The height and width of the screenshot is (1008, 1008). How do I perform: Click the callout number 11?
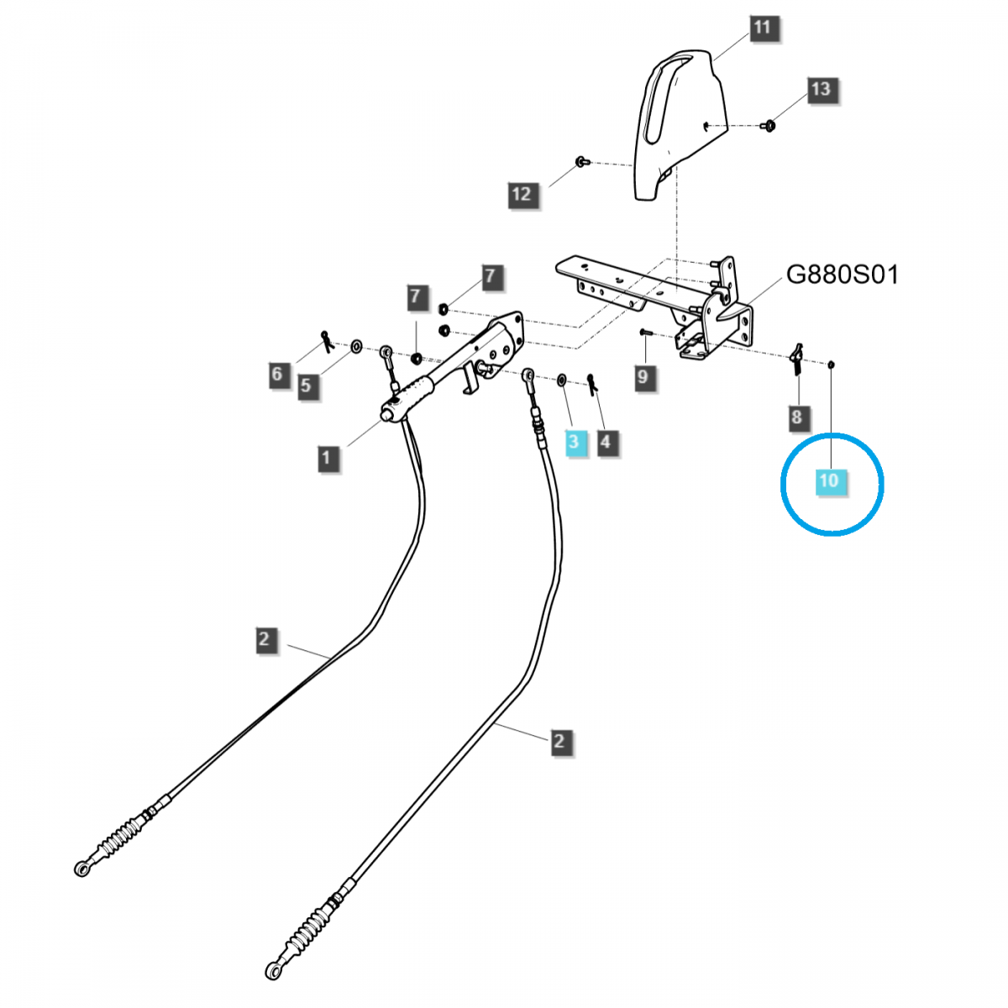point(761,28)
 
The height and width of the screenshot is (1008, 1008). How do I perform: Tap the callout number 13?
point(820,89)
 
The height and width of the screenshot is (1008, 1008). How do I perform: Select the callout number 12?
point(521,194)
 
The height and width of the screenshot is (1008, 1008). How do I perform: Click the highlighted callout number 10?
point(829,480)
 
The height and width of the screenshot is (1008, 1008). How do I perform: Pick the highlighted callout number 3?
point(574,441)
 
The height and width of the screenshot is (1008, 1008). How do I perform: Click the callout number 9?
point(643,375)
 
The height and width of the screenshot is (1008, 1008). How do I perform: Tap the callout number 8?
point(795,416)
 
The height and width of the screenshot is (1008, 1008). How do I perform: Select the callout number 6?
point(277,374)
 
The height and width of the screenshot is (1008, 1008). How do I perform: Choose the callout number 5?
point(306,386)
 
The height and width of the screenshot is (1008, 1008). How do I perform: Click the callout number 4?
point(606,440)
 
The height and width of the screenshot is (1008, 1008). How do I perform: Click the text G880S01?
point(842,275)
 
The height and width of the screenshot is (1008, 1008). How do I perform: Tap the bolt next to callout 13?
point(767,127)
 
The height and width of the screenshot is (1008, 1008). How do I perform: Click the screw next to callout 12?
point(580,160)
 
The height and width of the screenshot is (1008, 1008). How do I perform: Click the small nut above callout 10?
point(831,364)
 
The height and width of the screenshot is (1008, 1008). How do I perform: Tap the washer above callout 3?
point(561,381)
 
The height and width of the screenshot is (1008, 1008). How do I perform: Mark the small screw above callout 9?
point(645,333)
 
